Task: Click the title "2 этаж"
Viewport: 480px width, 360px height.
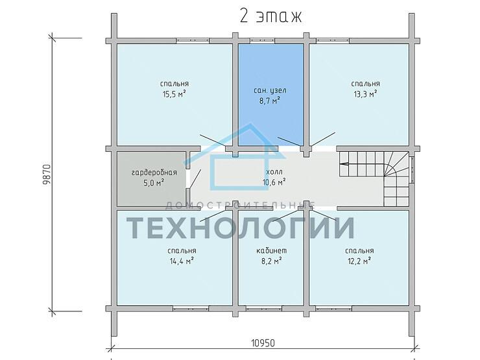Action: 270,16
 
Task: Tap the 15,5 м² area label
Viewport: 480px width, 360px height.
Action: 174,94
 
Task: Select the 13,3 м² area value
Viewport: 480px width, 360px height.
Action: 365,94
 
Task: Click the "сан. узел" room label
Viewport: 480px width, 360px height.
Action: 270,91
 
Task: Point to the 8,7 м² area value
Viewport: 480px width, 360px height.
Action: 270,101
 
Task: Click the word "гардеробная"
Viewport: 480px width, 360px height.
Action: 154,173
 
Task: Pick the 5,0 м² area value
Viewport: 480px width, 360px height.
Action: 154,183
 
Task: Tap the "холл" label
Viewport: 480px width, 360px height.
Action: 274,172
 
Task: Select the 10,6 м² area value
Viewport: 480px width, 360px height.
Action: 274,182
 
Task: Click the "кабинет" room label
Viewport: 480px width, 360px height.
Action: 272,251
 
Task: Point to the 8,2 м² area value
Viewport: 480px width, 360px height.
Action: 271,261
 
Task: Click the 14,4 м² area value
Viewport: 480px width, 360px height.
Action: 182,261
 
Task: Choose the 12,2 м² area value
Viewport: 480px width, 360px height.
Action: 359,261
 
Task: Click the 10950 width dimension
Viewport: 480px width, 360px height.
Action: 263,343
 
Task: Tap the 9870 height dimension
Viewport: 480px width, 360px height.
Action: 47,174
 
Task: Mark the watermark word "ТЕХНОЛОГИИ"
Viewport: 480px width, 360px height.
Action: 240,228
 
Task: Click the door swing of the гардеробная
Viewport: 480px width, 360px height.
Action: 195,178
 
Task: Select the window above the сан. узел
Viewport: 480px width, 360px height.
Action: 262,40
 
